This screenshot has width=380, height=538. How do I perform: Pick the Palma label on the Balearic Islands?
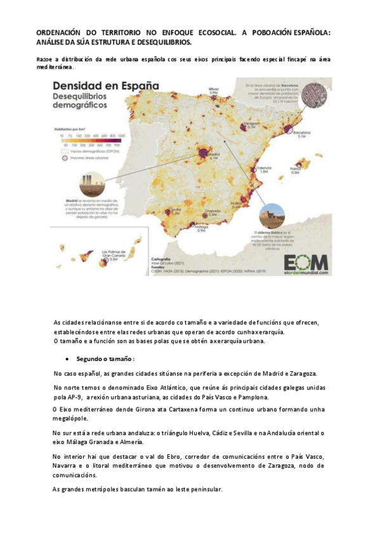[x=295, y=170]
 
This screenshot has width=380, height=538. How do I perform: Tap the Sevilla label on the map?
[x=176, y=211]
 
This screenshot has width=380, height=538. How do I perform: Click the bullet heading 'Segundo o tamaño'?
[x=105, y=358]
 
